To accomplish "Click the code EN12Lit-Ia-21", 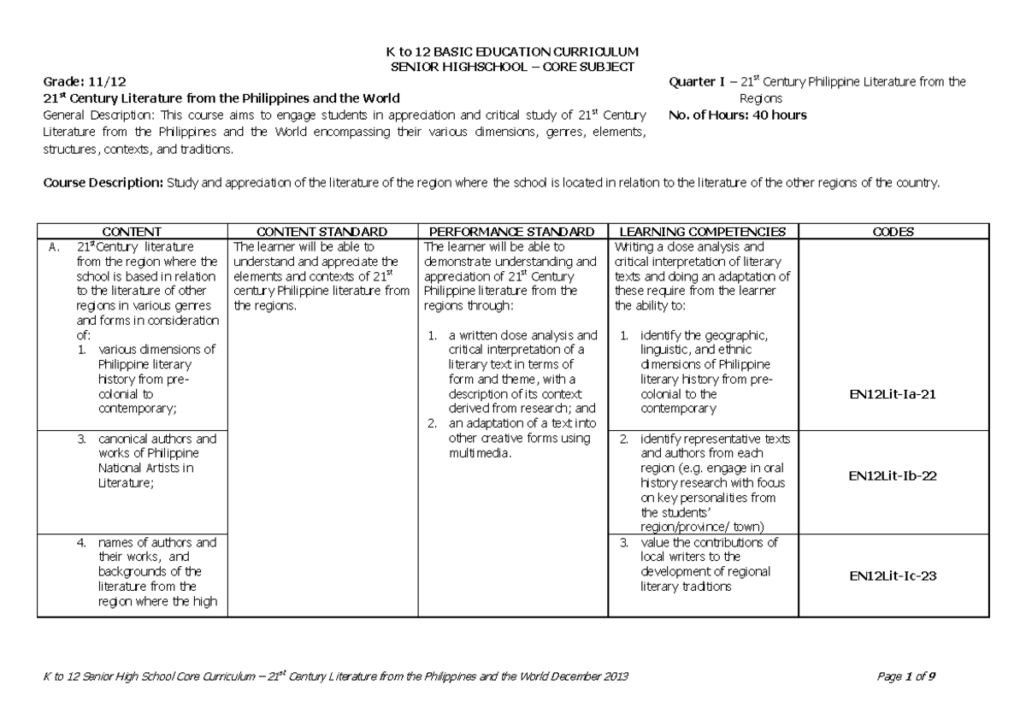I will pos(893,394).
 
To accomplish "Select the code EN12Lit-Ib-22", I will pos(893,475).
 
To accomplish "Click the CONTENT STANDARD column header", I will pos(322,232).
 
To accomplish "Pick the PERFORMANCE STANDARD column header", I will pos(511,232).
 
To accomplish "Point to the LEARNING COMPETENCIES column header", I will pos(702,232).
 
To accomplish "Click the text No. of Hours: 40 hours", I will pos(739,115).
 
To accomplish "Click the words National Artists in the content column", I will pos(136,468).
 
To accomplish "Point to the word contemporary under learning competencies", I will pos(678,410).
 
